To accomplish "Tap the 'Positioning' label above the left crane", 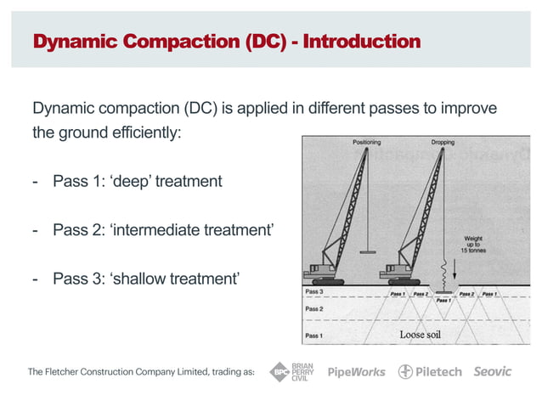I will [x=366, y=143].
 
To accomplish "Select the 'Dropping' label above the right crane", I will [x=443, y=143].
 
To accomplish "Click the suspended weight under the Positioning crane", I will [x=367, y=252].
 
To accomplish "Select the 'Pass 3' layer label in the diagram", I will [x=314, y=292].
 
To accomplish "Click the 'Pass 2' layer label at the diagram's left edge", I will [x=314, y=309].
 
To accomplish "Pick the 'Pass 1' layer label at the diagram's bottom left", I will [x=314, y=336].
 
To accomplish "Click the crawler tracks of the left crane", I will [x=327, y=281].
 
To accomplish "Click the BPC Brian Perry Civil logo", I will [x=291, y=371].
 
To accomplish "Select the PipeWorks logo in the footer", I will [x=356, y=372].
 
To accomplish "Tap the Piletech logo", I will [x=431, y=372].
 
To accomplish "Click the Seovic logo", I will [x=493, y=372].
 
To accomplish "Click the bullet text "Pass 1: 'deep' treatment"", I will [x=137, y=181].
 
